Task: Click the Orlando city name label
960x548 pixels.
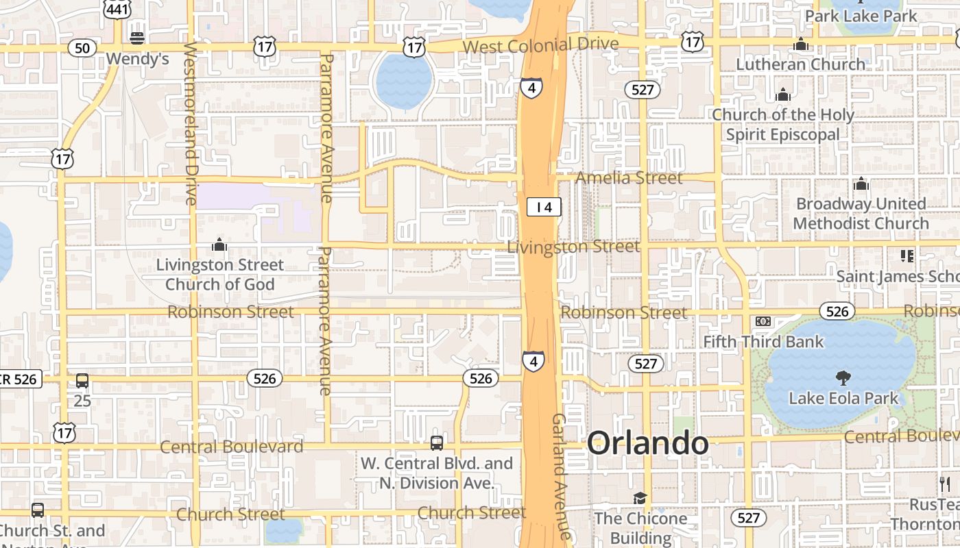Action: click(647, 443)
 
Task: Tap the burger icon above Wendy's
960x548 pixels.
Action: click(137, 37)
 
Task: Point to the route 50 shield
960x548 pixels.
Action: click(82, 48)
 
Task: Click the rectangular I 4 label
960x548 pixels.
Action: click(544, 206)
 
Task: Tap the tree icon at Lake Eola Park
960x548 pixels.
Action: click(843, 377)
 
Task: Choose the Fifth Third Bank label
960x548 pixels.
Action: click(763, 341)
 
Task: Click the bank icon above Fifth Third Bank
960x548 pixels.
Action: click(763, 321)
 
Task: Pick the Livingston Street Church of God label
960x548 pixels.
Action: click(219, 274)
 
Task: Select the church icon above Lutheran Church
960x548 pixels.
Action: click(800, 45)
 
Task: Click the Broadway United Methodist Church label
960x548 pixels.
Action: click(861, 214)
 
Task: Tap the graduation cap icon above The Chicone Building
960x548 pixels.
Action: click(640, 498)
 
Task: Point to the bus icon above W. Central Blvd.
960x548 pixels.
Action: click(437, 443)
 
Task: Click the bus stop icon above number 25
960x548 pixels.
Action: click(82, 381)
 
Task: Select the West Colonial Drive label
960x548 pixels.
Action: click(540, 45)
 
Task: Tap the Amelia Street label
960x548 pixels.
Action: click(629, 178)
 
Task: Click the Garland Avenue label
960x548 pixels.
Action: click(561, 476)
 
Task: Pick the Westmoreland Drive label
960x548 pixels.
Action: click(191, 123)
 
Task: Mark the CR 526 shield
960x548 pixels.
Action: click(21, 379)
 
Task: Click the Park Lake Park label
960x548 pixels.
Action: click(861, 15)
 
